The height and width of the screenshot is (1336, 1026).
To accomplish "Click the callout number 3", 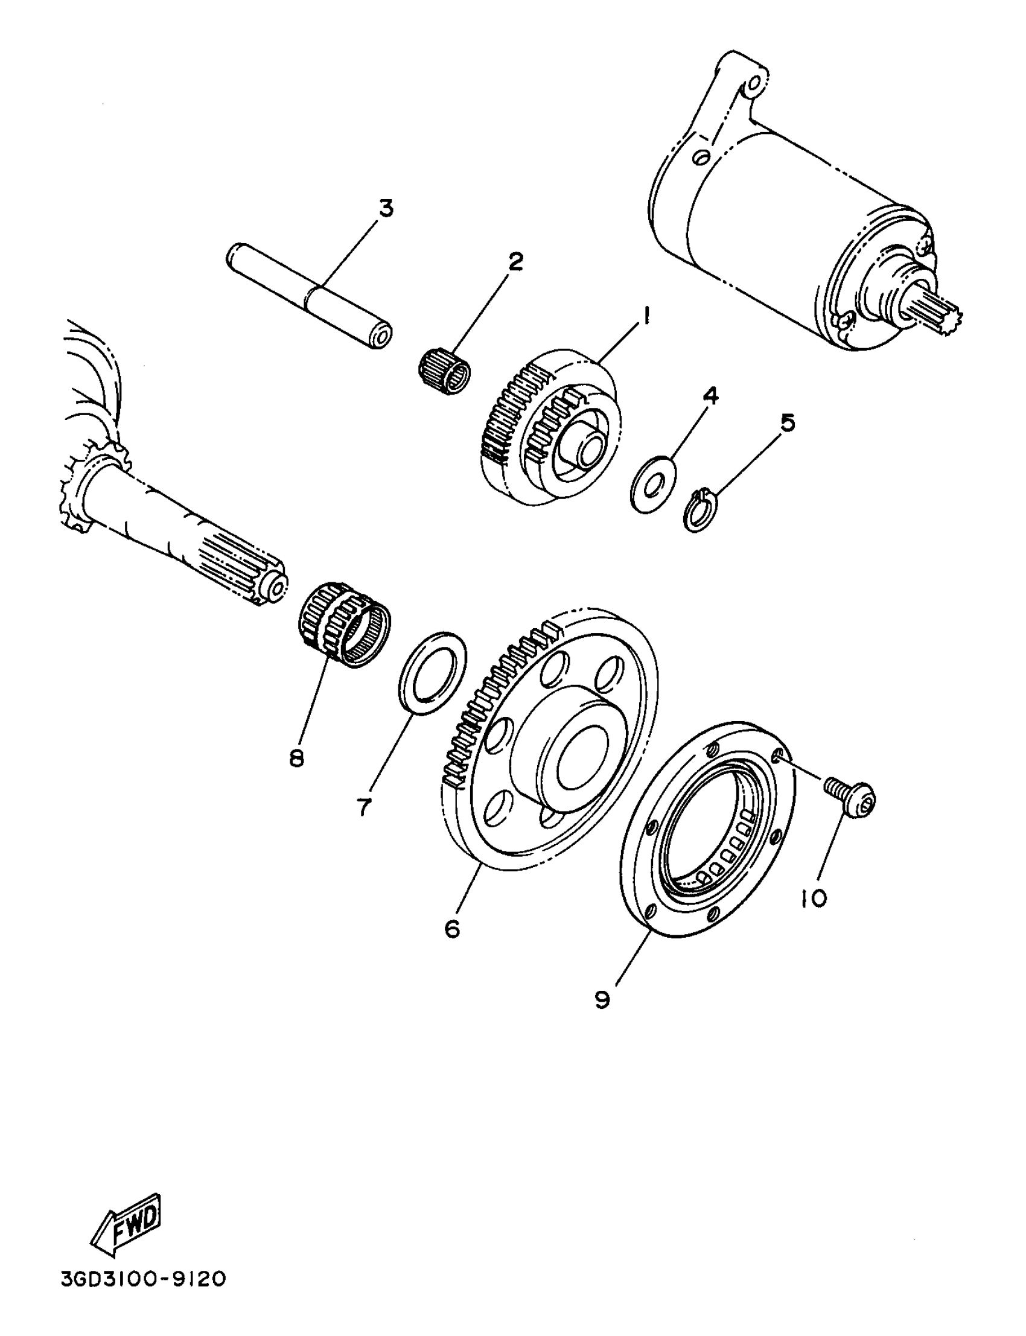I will pyautogui.click(x=386, y=208).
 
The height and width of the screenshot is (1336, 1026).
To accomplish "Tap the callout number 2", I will pyautogui.click(x=515, y=262).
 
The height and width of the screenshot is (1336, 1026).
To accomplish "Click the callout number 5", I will pyautogui.click(x=788, y=422).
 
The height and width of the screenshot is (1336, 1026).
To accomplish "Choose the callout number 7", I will pyautogui.click(x=364, y=808).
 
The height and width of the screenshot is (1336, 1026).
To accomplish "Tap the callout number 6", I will pyautogui.click(x=452, y=929).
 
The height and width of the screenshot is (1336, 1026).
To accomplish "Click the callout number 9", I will pyautogui.click(x=602, y=999).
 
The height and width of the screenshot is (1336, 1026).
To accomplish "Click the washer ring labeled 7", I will pyautogui.click(x=432, y=672).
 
